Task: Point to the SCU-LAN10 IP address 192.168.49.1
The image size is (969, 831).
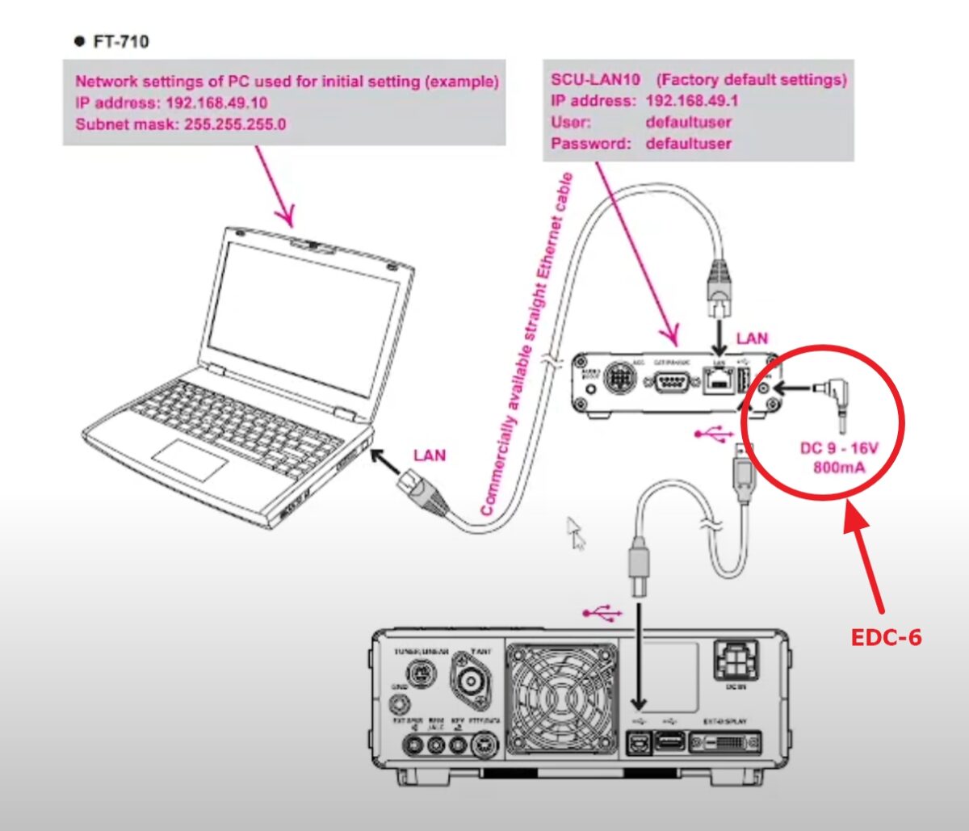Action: (692, 101)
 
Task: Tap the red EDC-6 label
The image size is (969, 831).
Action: (887, 637)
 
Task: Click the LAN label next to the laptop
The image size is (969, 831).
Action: (429, 455)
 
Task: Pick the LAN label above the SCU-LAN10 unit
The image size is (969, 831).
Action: (752, 338)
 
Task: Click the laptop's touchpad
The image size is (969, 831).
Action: (191, 460)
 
